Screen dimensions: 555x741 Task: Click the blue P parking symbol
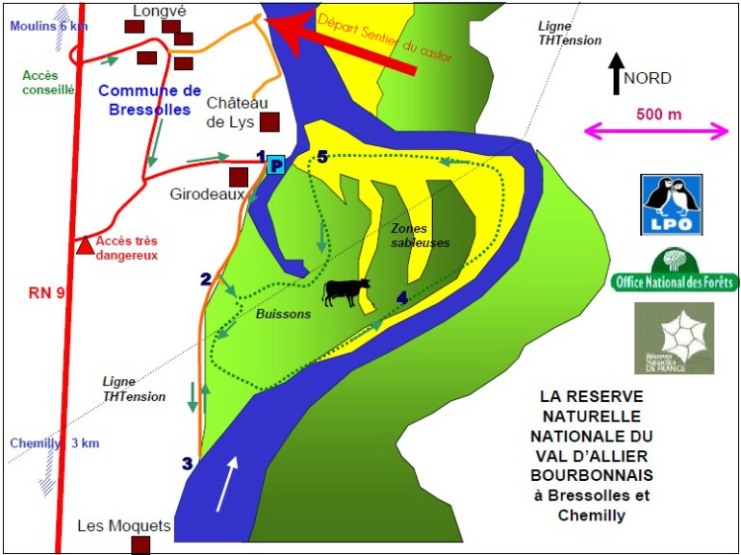(276, 165)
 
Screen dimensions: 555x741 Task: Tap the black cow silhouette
(345, 291)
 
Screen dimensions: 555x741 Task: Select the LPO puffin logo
(671, 205)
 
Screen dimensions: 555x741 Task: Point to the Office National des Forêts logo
(675, 272)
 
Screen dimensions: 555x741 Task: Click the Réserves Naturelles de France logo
(674, 338)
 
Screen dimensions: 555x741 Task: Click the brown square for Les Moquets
(141, 545)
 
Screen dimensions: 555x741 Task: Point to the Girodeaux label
(201, 192)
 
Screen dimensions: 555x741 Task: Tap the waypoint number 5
(322, 156)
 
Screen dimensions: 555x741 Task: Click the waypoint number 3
(188, 464)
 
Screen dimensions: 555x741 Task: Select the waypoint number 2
(205, 279)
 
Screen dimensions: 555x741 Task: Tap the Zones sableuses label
(420, 236)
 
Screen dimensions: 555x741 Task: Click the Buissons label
(284, 314)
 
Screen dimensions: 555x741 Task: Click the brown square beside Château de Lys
(270, 122)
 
